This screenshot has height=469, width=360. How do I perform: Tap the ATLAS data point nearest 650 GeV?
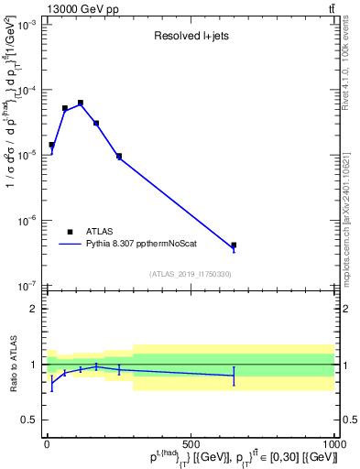(x=234, y=245)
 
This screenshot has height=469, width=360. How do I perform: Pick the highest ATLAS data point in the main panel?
(x=81, y=103)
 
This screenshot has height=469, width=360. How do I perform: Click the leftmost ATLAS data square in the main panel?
(x=51, y=145)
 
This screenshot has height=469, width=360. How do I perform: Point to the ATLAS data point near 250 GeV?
(x=119, y=156)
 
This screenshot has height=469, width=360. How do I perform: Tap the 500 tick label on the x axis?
(x=191, y=443)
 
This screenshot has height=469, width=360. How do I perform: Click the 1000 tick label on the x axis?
(x=334, y=443)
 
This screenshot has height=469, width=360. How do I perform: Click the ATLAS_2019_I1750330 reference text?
(x=190, y=274)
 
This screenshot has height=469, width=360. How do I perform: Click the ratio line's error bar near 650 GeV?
(x=234, y=376)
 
